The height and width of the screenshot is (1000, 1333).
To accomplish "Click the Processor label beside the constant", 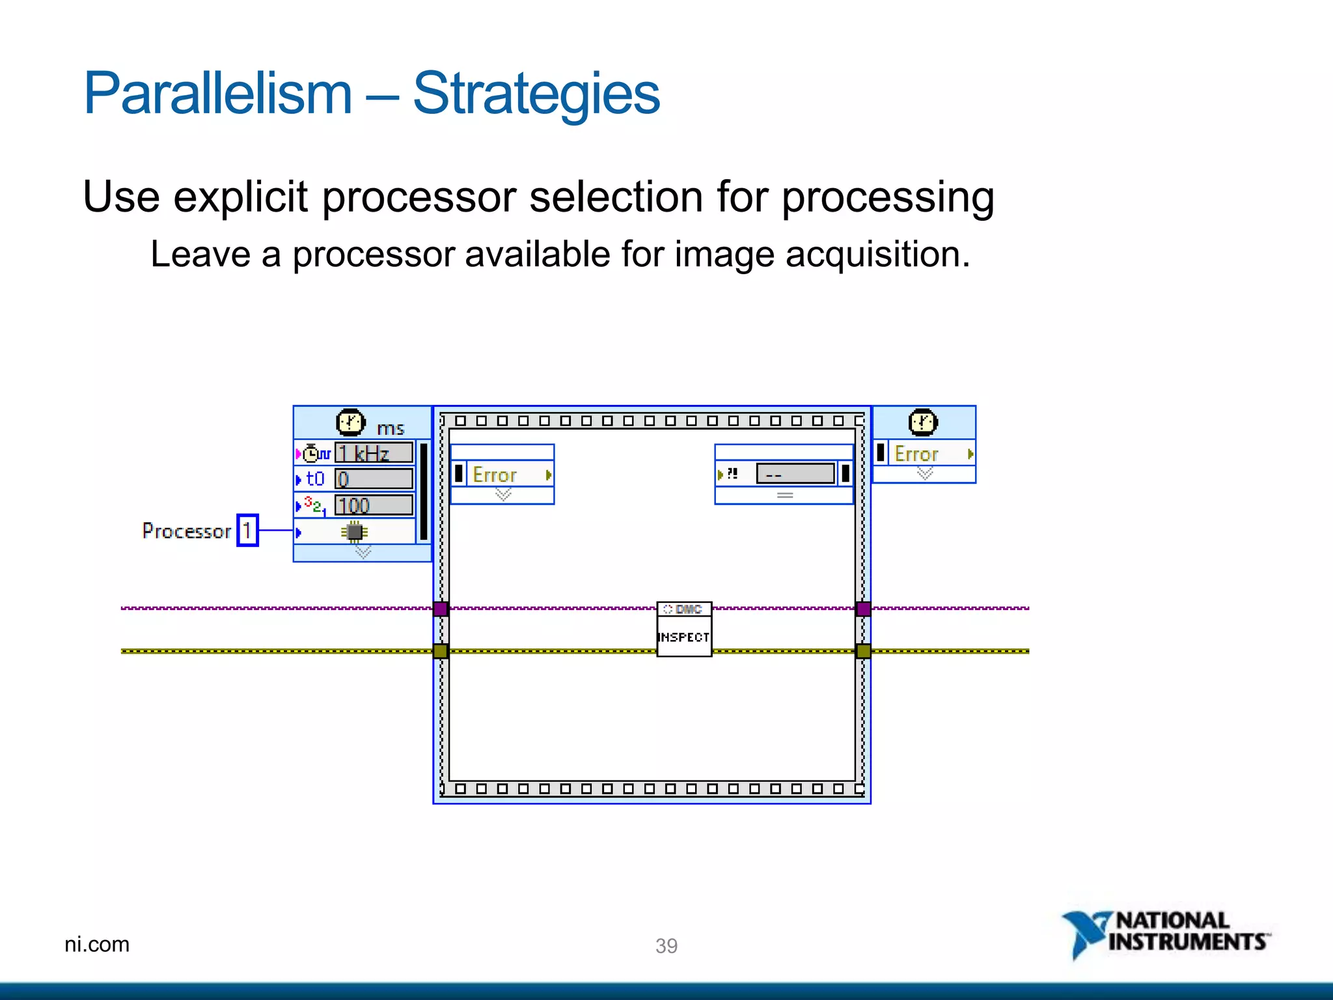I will [187, 531].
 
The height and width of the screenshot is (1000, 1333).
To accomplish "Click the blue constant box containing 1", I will [247, 531].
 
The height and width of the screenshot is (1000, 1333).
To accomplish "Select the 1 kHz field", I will [374, 452].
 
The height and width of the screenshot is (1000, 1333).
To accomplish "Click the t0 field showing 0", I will [374, 479].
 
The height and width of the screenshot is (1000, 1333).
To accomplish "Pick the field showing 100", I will [374, 505].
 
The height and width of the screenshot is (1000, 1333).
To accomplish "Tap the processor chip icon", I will [355, 532].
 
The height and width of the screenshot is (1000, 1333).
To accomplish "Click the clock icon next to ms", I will [350, 423].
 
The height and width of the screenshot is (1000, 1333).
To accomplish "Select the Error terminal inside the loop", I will [502, 475].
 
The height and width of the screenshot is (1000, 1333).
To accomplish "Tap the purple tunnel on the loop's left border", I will [441, 609].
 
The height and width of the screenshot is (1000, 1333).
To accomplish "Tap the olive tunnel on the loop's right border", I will [863, 651].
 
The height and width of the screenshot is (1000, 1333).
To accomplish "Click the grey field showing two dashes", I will [795, 474].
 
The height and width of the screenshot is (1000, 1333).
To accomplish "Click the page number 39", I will [666, 945].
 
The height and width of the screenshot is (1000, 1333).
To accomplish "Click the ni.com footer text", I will [97, 944].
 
